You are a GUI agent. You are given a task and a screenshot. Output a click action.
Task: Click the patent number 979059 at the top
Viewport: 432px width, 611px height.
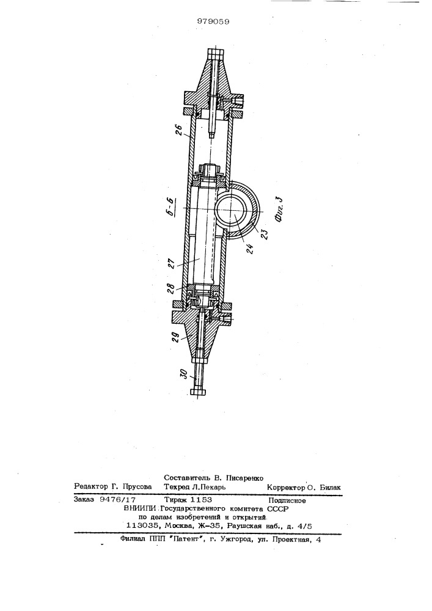213,21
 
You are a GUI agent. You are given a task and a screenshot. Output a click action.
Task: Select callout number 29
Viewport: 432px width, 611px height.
176,336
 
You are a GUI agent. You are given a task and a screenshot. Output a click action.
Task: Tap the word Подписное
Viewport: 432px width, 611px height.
287,500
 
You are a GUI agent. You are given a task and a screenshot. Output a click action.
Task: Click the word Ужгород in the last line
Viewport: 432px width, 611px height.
238,540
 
